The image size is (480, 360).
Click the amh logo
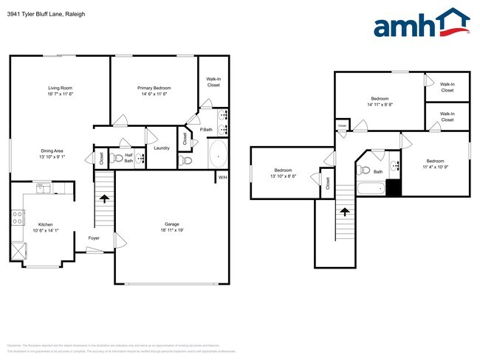421,24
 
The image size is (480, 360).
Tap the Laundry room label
162,148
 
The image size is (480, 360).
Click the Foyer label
94,238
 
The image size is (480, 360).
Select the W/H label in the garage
222,177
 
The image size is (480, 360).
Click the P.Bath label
208,130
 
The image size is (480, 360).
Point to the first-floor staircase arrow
104,198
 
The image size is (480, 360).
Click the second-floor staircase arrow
343,212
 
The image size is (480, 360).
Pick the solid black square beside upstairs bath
394,187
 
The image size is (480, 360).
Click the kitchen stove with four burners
18,217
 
